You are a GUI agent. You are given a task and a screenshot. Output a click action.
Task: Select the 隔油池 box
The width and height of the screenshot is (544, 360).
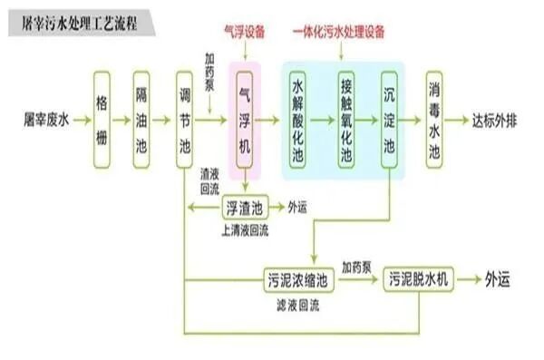click(x=141, y=120)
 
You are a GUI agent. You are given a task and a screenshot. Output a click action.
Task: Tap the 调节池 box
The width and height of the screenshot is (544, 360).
click(x=185, y=120)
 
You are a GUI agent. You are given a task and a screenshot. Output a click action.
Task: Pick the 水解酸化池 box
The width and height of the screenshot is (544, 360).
click(x=297, y=120)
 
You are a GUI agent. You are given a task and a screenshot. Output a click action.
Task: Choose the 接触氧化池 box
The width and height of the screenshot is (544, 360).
click(x=345, y=120)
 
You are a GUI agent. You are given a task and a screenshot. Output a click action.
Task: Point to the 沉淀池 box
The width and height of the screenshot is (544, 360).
click(x=390, y=120)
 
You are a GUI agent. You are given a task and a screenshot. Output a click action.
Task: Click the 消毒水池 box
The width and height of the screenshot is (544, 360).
click(x=436, y=120)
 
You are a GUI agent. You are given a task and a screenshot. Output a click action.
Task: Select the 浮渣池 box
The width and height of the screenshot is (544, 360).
click(x=244, y=207)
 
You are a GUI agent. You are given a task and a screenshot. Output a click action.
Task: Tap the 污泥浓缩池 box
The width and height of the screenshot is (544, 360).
click(x=299, y=280)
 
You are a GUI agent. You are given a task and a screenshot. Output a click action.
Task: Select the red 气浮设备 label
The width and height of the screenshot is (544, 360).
click(x=245, y=33)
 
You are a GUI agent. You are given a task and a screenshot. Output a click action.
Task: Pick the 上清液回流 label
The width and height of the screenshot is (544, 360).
click(x=244, y=229)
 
